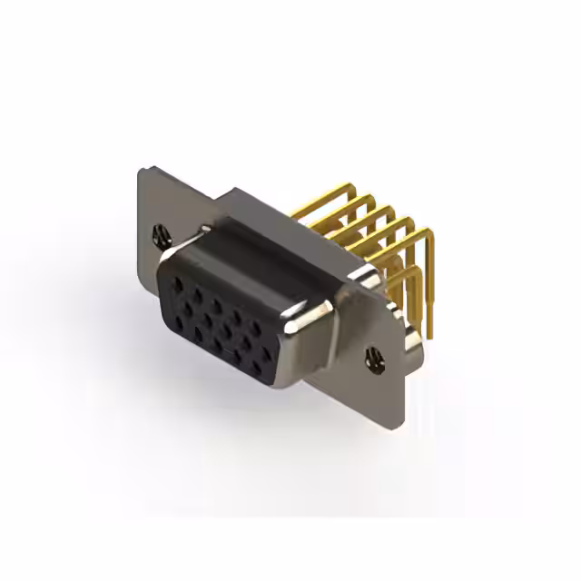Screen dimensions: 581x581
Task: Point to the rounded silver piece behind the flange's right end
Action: click(410, 340)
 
